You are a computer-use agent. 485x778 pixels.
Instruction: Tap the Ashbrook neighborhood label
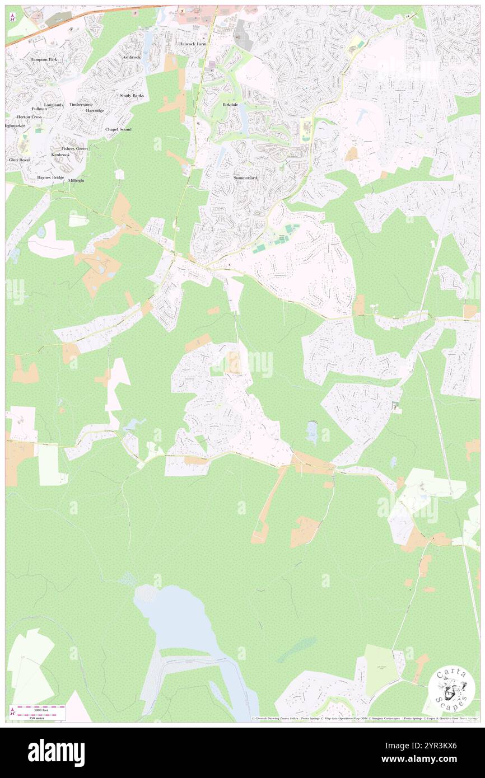(132, 57)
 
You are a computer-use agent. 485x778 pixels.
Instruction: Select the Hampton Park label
(44, 59)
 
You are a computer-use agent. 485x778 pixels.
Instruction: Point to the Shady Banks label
(132, 96)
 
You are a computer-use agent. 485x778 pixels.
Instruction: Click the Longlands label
(54, 105)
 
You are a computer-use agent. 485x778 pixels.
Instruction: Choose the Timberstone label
(81, 105)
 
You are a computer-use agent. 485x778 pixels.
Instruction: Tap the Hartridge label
(95, 111)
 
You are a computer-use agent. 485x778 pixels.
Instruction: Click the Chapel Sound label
(118, 129)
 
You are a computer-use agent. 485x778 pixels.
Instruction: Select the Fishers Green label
(74, 148)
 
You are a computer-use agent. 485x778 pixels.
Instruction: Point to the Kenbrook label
(60, 154)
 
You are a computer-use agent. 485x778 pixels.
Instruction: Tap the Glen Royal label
(19, 160)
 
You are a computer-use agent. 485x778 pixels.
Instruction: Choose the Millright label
(76, 181)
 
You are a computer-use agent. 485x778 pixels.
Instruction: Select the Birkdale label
(230, 105)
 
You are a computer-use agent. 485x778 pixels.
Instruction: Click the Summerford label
(245, 177)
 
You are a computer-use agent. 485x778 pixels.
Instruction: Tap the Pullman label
(39, 109)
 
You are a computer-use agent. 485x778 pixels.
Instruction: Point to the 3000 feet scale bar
(39, 709)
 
